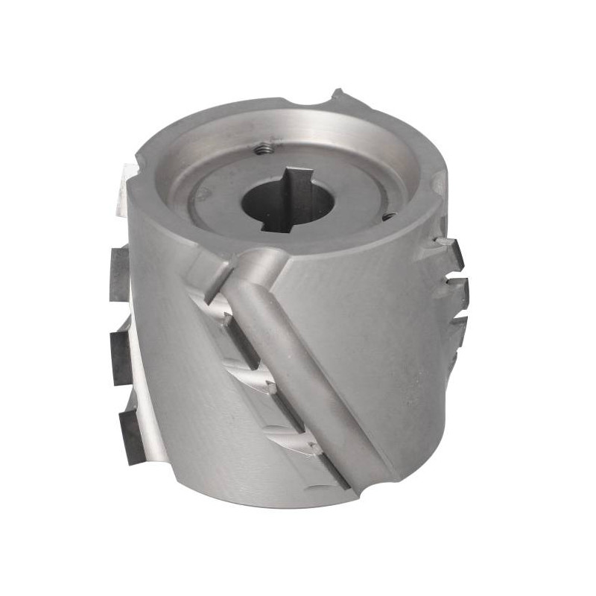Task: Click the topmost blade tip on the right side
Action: click(x=451, y=250)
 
